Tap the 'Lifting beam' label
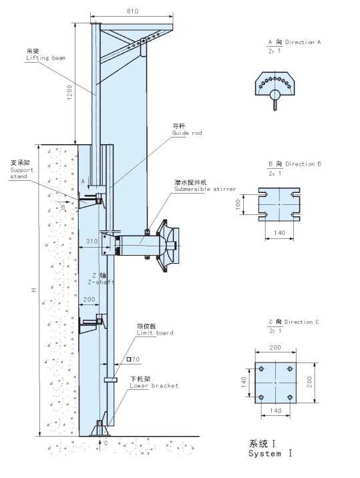pyautogui.click(x=45, y=57)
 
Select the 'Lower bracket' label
pyautogui.click(x=154, y=385)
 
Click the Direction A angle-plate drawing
pyautogui.click(x=275, y=84)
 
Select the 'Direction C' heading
pyautogui.click(x=293, y=322)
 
